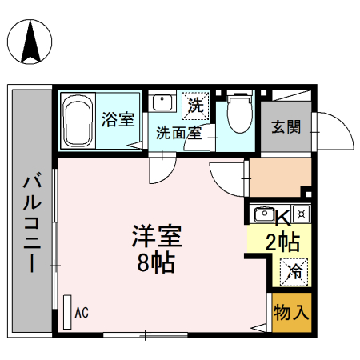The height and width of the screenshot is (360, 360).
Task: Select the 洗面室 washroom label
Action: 178,133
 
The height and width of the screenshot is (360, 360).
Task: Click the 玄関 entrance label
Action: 285,127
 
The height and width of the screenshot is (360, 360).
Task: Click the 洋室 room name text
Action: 157,238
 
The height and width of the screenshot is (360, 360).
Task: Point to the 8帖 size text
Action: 157,262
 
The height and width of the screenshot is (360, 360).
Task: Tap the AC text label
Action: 82,313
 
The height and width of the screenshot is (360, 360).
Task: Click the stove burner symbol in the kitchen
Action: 301,214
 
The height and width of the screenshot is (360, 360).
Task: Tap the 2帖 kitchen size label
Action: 282,241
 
